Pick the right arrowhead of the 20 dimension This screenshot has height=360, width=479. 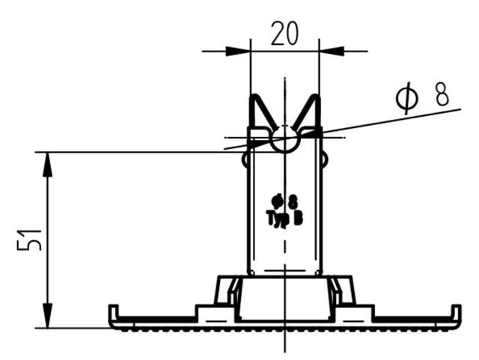tap(332, 51)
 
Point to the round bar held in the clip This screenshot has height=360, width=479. tap(284, 138)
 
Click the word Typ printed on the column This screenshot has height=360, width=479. tap(277, 218)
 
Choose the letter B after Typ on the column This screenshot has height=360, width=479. tap(297, 218)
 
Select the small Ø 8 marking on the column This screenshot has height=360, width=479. tap(285, 201)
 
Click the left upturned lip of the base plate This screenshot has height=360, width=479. tap(113, 312)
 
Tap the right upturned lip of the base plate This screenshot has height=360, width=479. tap(456, 312)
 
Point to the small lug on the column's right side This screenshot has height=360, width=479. tap(325, 159)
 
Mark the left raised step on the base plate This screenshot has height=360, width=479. tap(206, 310)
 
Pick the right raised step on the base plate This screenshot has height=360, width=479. tap(362, 310)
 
